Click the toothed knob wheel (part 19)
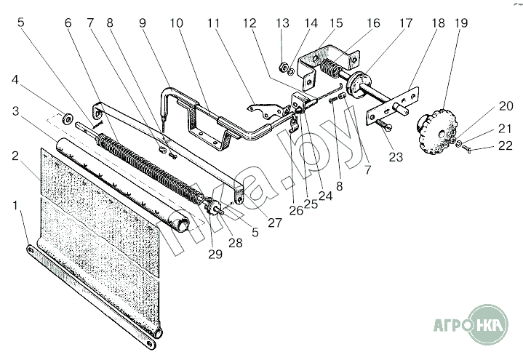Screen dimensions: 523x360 433,132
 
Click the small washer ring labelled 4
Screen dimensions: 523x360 67,116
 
